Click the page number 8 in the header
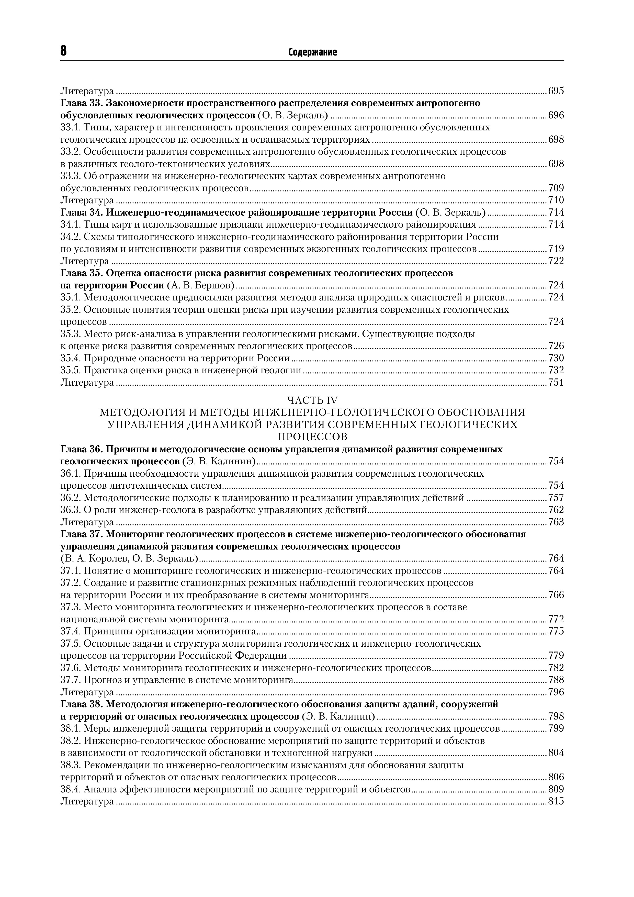point(64,51)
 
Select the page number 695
point(556,91)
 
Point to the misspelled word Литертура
point(85,261)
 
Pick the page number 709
point(556,188)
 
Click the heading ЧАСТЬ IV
point(312,400)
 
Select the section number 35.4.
point(71,358)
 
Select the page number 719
point(556,249)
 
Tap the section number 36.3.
point(71,510)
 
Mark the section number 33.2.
point(71,152)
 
